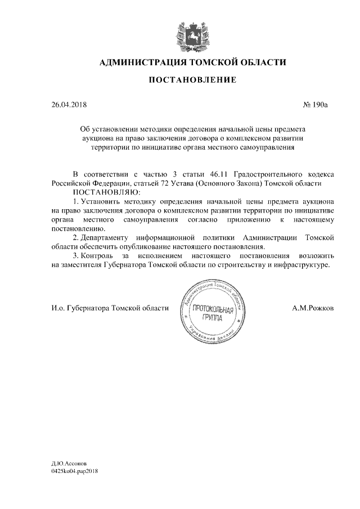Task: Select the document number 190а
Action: pyautogui.click(x=319, y=105)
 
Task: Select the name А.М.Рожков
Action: pyautogui.click(x=312, y=308)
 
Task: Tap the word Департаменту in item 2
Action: pyautogui.click(x=110, y=237)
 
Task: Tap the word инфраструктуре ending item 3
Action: pyautogui.click(x=299, y=264)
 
